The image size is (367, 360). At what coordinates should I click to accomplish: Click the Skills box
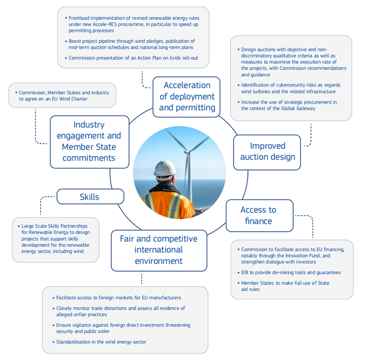click(89, 197)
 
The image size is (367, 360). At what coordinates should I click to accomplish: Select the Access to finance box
click(259, 215)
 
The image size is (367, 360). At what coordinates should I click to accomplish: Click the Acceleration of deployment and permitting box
click(187, 96)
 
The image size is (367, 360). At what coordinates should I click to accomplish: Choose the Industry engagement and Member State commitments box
click(89, 141)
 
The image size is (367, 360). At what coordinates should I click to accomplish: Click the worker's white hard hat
click(165, 168)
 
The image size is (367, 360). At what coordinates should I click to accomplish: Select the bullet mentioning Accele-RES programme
click(133, 24)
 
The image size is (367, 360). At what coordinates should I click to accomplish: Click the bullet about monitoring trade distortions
click(120, 311)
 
